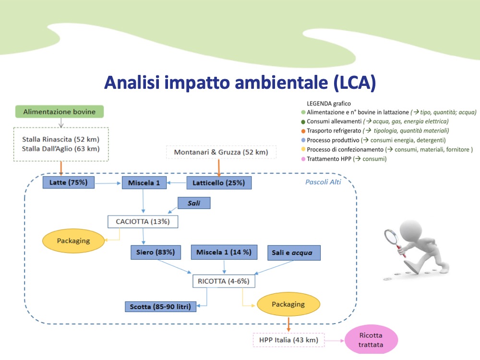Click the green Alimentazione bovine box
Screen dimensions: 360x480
click(x=60, y=112)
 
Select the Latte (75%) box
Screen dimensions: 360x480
click(x=68, y=182)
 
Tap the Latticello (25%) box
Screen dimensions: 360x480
click(x=218, y=182)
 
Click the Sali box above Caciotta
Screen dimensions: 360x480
click(x=194, y=204)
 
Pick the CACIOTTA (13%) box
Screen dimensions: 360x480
click(x=143, y=221)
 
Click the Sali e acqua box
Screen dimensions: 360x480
click(x=293, y=252)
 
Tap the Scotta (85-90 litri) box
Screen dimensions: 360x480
click(x=160, y=306)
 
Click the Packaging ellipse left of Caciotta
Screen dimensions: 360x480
click(x=73, y=240)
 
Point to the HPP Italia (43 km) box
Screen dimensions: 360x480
click(x=288, y=340)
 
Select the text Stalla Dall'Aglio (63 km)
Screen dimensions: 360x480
click(x=60, y=148)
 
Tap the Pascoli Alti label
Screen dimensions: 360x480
click(x=323, y=182)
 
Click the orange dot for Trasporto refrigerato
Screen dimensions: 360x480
click(x=303, y=131)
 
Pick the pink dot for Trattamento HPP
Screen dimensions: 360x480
click(x=303, y=158)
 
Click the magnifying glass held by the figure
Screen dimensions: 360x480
click(x=392, y=237)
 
